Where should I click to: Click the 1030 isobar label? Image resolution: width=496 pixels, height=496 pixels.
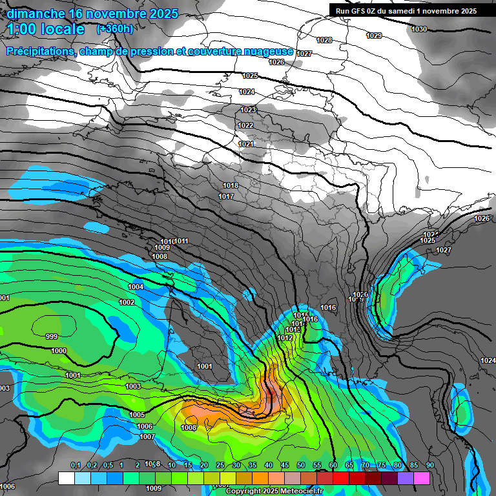coord(419,29)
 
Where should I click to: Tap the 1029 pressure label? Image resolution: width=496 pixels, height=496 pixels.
coord(374,36)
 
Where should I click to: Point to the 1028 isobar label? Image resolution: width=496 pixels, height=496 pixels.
coord(324,40)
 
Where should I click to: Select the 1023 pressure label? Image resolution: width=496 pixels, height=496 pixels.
coord(248,110)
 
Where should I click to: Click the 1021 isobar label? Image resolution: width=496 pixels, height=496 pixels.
coord(246,144)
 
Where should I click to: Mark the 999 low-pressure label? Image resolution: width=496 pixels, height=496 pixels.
coord(52,336)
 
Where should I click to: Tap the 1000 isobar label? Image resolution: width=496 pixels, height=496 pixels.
coord(59,351)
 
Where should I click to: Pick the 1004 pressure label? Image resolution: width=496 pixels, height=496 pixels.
coord(136,287)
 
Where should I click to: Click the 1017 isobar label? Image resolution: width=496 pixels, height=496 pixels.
coord(226,196)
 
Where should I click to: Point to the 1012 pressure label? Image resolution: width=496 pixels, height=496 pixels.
coord(285,338)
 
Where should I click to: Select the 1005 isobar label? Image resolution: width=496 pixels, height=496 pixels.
coord(137,415)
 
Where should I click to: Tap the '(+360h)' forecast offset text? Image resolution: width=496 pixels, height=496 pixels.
coord(115,29)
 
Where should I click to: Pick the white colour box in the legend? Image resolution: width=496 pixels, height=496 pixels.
coord(67,478)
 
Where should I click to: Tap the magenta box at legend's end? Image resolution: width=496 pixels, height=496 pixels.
coord(422,478)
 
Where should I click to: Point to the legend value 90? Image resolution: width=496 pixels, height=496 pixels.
coord(429,465)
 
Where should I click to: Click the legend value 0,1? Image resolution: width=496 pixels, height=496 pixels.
coord(76,465)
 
